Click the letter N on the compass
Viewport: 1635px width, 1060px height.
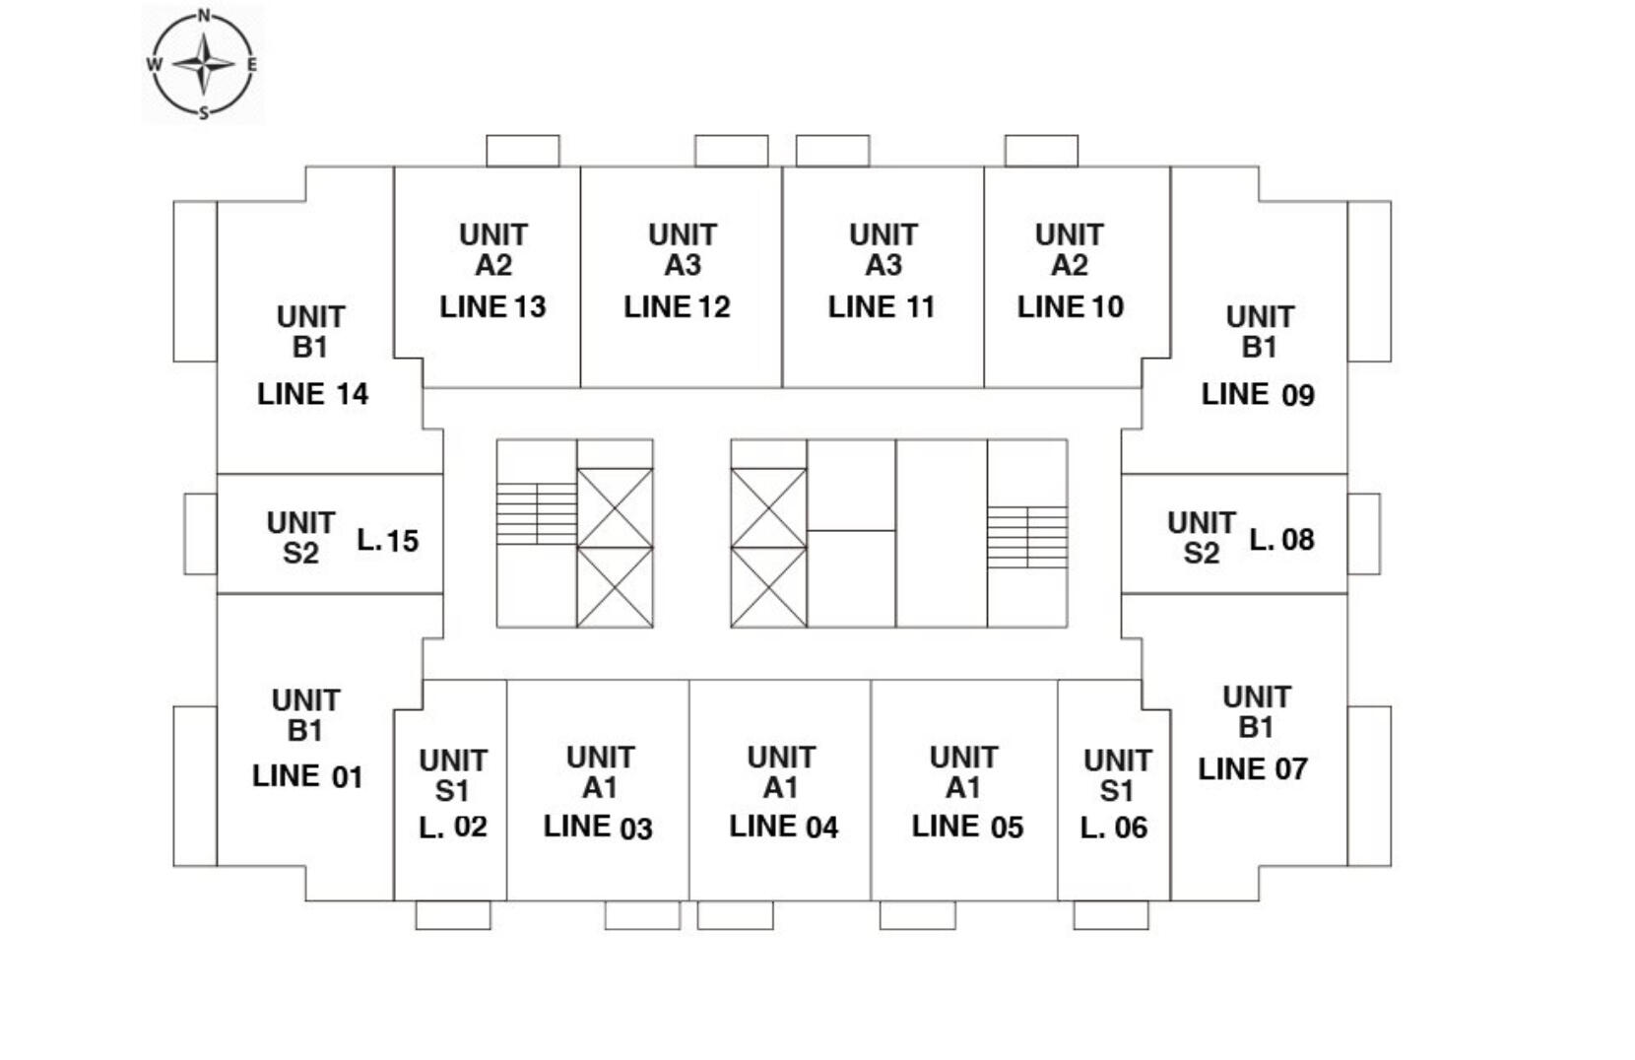[204, 15]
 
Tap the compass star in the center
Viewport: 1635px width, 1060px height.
[204, 64]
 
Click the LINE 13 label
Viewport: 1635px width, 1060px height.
[492, 306]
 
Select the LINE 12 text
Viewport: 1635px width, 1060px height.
[677, 306]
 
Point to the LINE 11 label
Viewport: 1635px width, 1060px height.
[881, 306]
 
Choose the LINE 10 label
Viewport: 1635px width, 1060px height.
[1070, 306]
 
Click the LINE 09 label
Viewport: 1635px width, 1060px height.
[1258, 394]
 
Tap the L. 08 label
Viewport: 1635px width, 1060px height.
[1281, 540]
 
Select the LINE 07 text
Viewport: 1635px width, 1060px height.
[1253, 768]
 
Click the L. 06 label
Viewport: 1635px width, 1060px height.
[1113, 828]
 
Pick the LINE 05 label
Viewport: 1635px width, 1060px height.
[967, 827]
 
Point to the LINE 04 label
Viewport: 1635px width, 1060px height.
[783, 827]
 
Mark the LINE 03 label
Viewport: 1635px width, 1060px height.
[598, 827]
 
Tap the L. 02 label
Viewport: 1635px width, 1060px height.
[452, 827]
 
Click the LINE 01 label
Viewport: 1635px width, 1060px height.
[307, 776]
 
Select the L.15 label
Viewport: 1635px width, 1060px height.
[387, 540]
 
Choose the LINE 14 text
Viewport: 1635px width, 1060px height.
[312, 394]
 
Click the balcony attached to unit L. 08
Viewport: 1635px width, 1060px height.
[1363, 533]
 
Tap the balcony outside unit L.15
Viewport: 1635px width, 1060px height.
[200, 533]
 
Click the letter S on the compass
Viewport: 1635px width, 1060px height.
[204, 112]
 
